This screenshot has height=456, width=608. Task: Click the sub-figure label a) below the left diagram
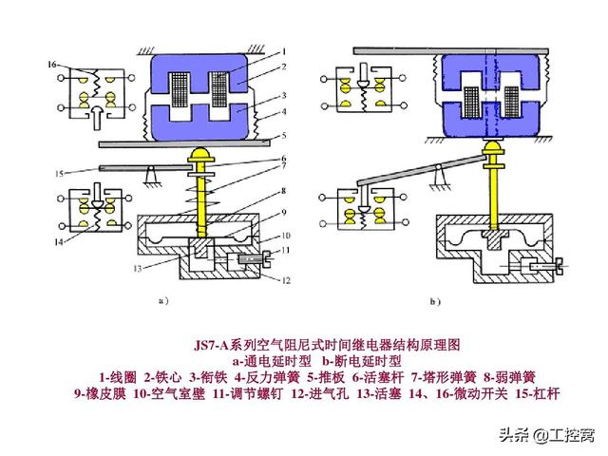(x=162, y=302)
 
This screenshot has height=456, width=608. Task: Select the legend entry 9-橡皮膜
(x=100, y=393)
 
